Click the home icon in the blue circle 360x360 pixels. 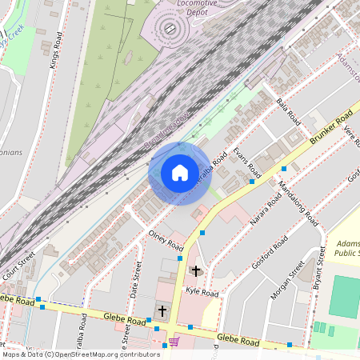(x=180, y=173)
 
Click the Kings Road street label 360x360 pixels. (x=55, y=52)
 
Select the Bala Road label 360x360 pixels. (x=286, y=111)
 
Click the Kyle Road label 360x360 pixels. (x=202, y=294)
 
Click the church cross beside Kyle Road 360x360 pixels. (x=196, y=271)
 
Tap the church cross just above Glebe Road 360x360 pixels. (x=162, y=310)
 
